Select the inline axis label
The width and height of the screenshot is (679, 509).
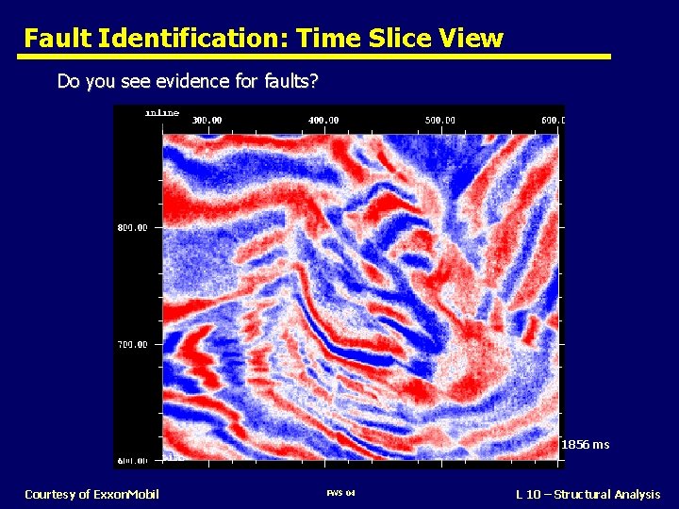click(x=161, y=113)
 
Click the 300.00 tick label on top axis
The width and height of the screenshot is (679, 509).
click(x=207, y=121)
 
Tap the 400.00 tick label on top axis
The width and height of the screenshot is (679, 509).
click(x=323, y=121)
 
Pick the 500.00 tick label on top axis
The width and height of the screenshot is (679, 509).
click(x=439, y=121)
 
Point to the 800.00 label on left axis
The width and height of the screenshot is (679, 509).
click(x=132, y=228)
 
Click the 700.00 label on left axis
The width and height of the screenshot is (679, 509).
click(x=132, y=345)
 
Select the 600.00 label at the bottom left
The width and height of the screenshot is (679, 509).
click(x=132, y=461)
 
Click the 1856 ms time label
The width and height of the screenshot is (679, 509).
click(x=585, y=445)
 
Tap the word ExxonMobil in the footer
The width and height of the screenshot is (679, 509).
click(x=125, y=495)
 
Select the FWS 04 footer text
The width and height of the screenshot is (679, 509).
click(x=339, y=495)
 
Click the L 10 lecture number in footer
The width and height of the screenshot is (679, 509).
click(x=529, y=495)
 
